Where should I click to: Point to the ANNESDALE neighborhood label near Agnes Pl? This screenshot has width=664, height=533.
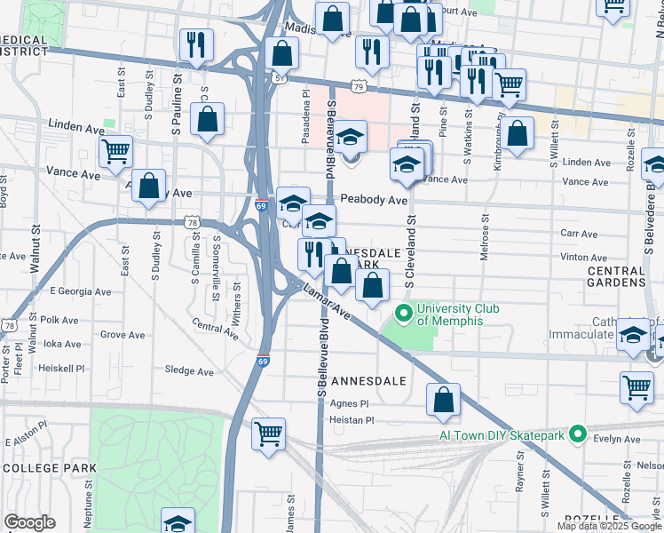(x=368, y=380)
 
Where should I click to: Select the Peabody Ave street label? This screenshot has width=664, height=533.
(x=374, y=201)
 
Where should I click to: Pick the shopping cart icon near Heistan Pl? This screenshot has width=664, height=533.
(x=269, y=434)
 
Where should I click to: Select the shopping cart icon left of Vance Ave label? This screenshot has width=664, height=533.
(x=115, y=151)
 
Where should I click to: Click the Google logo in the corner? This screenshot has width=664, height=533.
(x=29, y=522)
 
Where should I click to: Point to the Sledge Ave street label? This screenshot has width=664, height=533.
(x=189, y=371)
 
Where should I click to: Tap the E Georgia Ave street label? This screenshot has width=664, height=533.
(x=81, y=290)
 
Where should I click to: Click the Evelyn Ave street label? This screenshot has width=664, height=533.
(x=619, y=440)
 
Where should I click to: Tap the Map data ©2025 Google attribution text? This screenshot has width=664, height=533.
(x=608, y=526)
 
